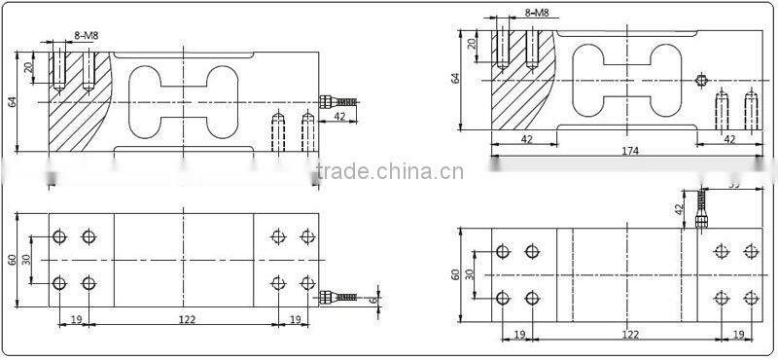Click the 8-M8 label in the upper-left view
coord(87,36)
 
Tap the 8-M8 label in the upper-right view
coord(538,14)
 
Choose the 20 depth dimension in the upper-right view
coord(473,45)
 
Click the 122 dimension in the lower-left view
coord(184,318)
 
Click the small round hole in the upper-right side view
coord(701,79)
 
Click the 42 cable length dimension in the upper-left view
coord(340,117)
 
